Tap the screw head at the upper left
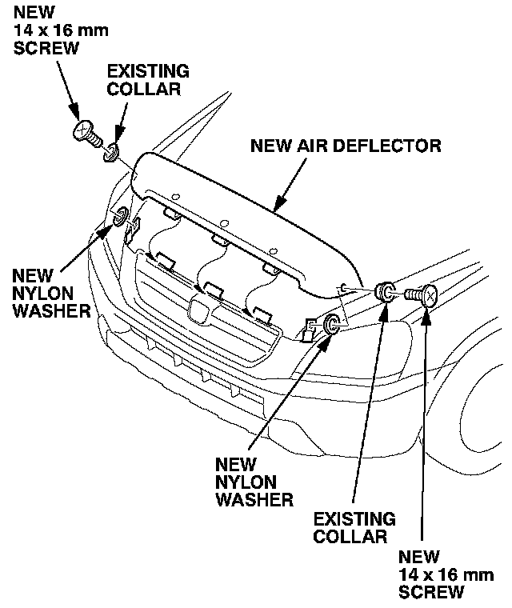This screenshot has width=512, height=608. [83, 130]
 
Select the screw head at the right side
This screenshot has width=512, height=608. [428, 295]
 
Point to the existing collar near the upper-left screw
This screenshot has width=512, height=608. [110, 149]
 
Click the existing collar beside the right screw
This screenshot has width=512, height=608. [385, 293]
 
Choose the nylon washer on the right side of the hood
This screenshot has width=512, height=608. [331, 324]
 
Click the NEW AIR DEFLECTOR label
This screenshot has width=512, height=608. [346, 146]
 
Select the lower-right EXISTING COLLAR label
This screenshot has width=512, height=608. [354, 528]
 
